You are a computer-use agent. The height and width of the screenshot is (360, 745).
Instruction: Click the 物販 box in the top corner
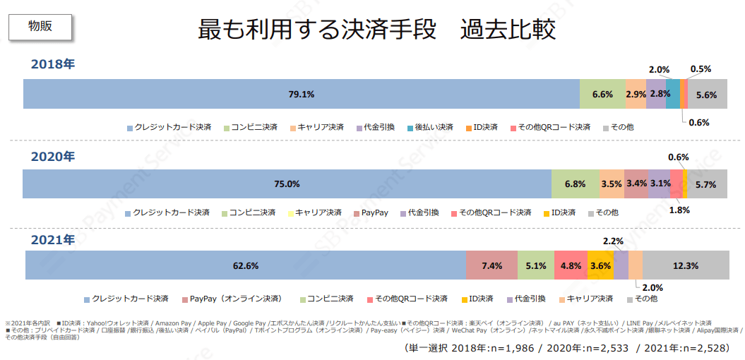(40, 26)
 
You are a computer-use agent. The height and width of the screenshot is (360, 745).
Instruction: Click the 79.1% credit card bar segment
(301, 94)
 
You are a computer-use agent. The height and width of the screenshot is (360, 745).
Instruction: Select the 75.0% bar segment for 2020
(287, 184)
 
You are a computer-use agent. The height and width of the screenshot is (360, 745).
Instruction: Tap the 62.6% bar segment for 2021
(246, 266)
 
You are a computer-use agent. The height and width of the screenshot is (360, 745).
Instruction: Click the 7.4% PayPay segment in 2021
(491, 266)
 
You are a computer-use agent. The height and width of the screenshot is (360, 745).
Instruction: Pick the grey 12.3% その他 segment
(686, 266)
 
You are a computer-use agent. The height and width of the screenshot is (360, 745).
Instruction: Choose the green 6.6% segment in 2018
(602, 94)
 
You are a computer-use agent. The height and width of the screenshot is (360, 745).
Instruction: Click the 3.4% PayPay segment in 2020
(636, 184)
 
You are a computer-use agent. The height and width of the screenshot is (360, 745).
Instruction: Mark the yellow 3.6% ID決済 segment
(600, 266)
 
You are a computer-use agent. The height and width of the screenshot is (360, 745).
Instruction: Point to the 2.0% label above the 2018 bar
(659, 70)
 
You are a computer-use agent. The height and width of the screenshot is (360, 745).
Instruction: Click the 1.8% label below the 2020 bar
(679, 210)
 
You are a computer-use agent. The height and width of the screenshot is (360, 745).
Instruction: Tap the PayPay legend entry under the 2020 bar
(374, 212)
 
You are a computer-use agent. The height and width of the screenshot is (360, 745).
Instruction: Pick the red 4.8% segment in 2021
(571, 266)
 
